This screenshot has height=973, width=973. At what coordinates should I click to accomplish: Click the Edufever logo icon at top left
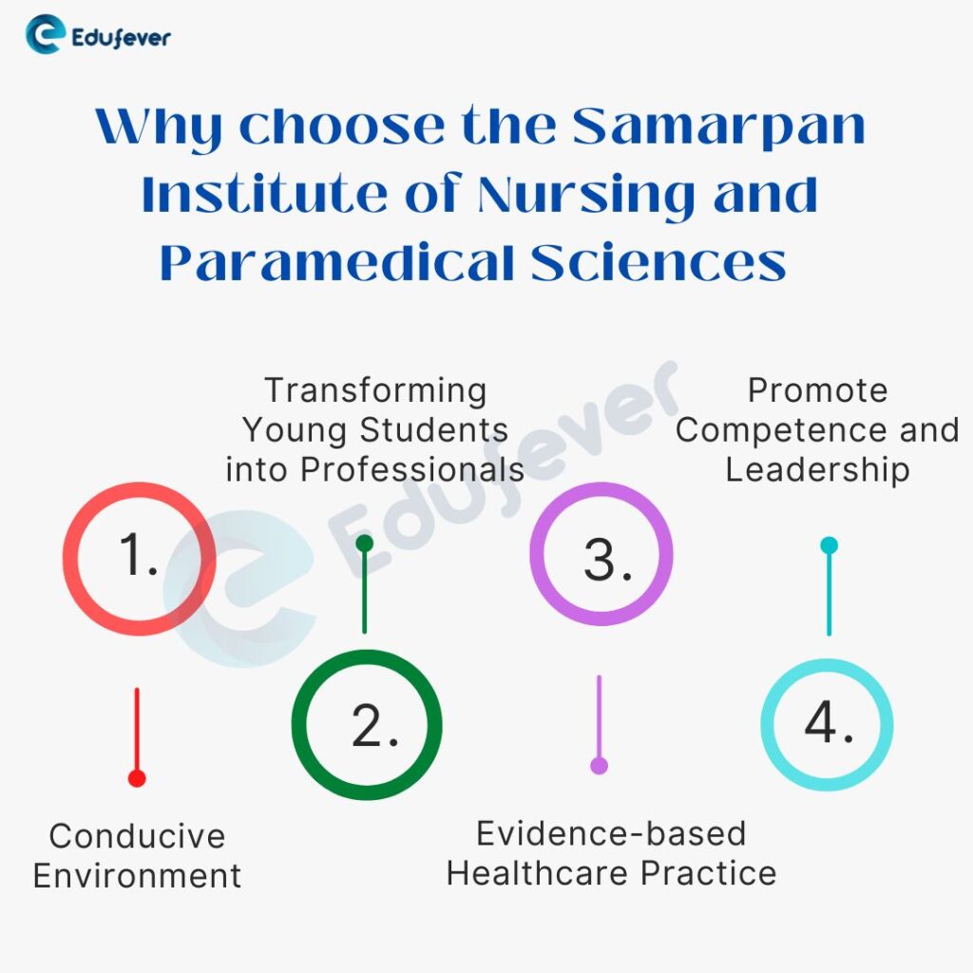[45, 36]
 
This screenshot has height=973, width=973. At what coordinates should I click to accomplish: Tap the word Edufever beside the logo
[122, 38]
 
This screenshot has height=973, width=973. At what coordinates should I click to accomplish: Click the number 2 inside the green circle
[373, 727]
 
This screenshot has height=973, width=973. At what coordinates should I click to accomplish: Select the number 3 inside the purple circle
[606, 560]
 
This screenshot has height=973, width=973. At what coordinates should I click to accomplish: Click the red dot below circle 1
[137, 778]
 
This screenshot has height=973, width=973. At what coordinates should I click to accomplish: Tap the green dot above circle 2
[364, 544]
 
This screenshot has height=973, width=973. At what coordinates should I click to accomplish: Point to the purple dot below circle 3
[599, 765]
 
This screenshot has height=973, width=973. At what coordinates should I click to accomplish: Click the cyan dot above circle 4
[829, 545]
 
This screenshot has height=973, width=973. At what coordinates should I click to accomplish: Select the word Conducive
[137, 837]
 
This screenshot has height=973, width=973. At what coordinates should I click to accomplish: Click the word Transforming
[375, 391]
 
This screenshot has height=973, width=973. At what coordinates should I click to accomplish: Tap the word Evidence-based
[611, 833]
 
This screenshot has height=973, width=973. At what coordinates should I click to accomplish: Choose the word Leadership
[817, 469]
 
